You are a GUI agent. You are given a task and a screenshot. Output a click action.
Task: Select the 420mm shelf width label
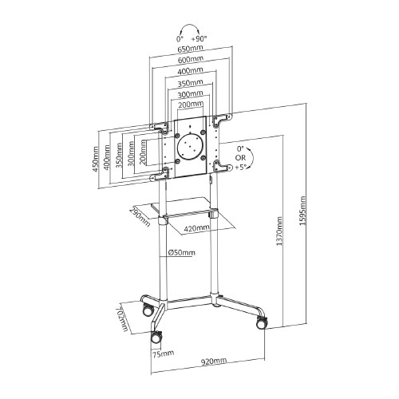(x=197, y=227)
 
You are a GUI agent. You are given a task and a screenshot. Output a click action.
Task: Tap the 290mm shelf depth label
(x=140, y=215)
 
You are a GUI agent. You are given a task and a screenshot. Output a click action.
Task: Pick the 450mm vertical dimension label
(x=96, y=159)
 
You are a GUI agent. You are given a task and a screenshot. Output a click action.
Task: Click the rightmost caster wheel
(x=260, y=323)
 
